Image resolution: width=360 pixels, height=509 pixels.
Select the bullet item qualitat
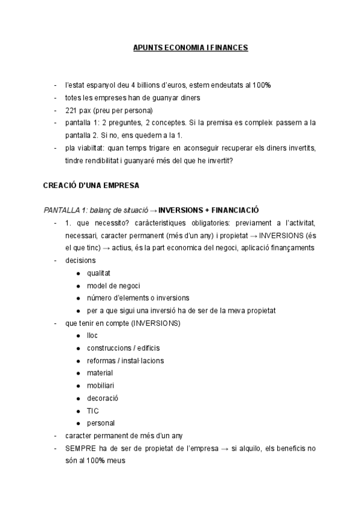pos(98,273)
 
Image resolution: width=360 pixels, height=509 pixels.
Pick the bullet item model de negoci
pos(114,285)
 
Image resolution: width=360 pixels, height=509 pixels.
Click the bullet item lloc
pos(92,336)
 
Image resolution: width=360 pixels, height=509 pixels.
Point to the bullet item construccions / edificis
pos(123,348)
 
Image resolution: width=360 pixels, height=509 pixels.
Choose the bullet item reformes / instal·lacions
pos(125,360)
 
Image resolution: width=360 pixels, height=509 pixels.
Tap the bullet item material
pos(100,373)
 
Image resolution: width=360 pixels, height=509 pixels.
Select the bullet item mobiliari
pos(100,385)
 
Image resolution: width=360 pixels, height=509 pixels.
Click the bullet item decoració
pos(103,398)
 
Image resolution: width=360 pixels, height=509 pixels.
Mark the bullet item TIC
pos(93,411)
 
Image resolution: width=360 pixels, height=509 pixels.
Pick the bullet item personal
pos(101,423)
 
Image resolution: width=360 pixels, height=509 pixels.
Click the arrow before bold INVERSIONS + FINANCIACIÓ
pos(153,210)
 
